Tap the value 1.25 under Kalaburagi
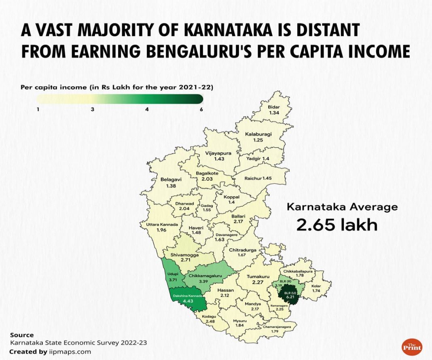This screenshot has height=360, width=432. coord(258,140)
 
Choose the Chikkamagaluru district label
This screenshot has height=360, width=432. coord(206,275)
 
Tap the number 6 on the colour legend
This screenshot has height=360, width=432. coord(201,109)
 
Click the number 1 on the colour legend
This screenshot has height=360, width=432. coord(38,109)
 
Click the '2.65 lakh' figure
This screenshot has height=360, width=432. coord(337,225)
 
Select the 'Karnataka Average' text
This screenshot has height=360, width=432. coord(342,207)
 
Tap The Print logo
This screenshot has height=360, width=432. coord(412,347)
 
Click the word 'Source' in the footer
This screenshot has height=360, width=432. coord(22,335)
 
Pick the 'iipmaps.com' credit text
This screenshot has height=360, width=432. coord(70,352)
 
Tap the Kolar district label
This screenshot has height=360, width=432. coord(316,286)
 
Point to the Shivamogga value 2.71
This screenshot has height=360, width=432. coord(186,260)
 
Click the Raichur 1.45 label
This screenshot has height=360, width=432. coord(258,178)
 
